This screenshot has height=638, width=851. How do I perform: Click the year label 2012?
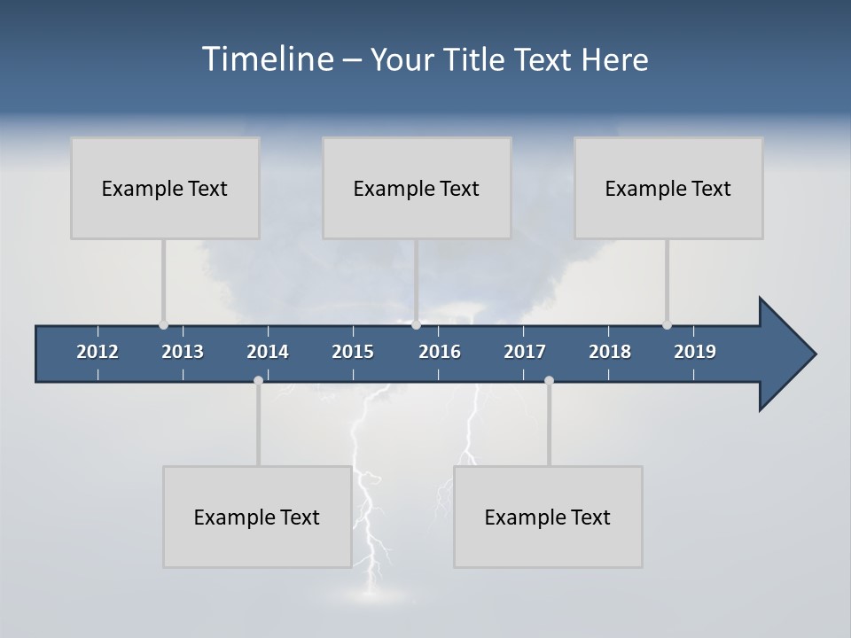tap(98, 352)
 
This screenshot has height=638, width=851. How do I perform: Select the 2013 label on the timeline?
tap(183, 352)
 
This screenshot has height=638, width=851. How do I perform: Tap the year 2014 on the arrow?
tap(268, 352)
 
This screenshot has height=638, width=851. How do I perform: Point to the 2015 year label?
tap(353, 352)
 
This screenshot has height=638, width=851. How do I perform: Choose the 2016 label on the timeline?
tap(440, 352)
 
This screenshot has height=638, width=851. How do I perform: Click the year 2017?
tap(525, 352)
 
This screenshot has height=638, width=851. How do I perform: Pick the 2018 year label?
tap(610, 352)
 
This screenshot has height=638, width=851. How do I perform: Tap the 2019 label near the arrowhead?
tap(695, 352)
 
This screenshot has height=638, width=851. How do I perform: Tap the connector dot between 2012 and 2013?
tap(163, 324)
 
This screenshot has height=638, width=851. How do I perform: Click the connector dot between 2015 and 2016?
tap(416, 324)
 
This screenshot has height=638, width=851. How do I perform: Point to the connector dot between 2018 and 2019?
tap(667, 324)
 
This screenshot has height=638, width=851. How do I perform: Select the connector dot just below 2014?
tap(258, 380)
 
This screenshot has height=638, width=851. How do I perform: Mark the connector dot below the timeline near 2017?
tap(549, 380)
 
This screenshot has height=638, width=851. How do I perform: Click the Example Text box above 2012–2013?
tap(165, 188)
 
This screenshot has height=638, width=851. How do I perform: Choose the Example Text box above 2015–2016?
tap(417, 188)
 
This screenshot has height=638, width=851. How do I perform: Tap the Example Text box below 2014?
tap(257, 517)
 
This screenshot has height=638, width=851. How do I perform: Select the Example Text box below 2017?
tap(548, 517)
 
